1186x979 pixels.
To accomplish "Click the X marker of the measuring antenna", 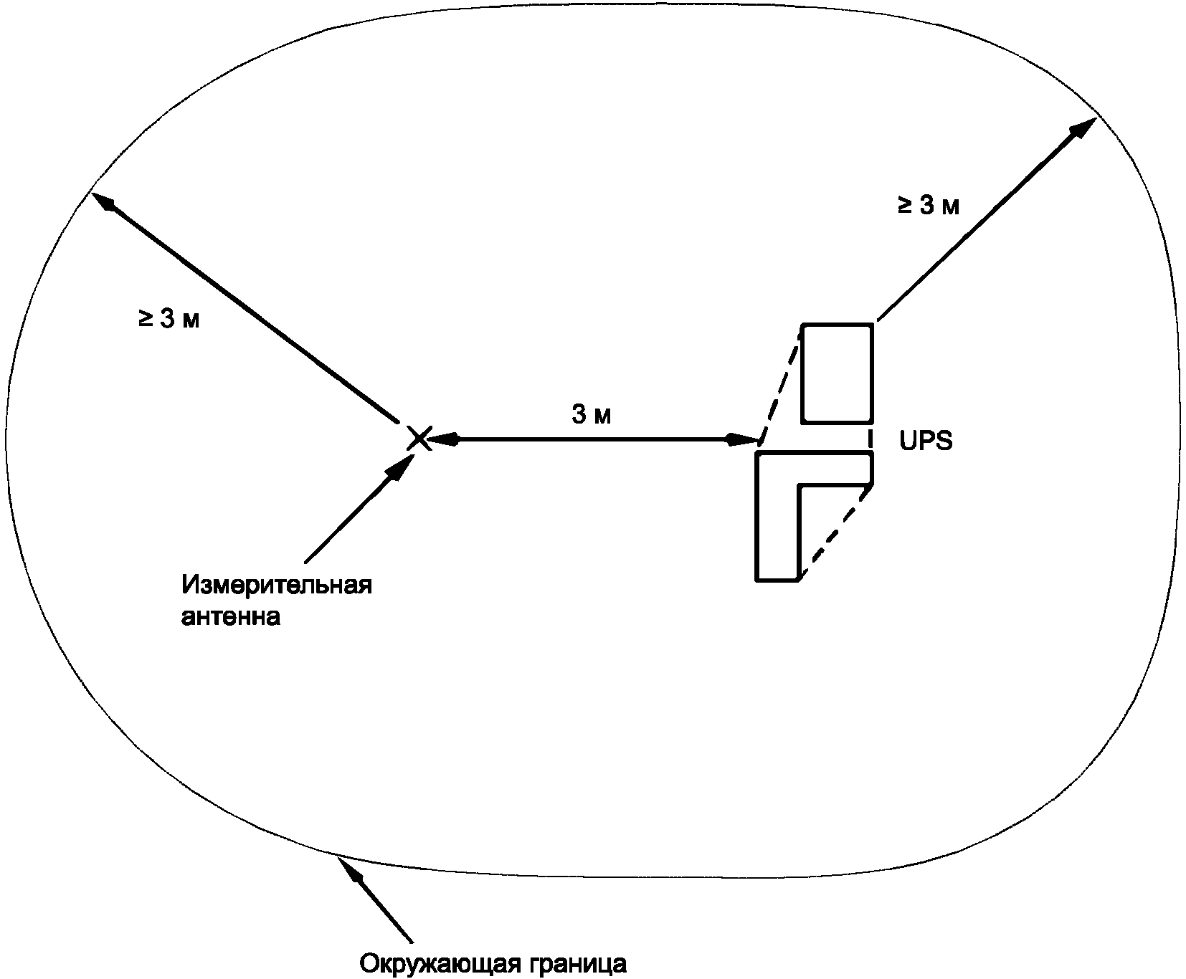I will pyautogui.click(x=419, y=438).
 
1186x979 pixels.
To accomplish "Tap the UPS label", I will pyautogui.click(x=926, y=441).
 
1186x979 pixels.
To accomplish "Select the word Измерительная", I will pyautogui.click(x=277, y=585).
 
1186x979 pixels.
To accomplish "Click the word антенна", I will pyautogui.click(x=230, y=616).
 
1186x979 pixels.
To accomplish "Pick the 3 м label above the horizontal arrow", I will pyautogui.click(x=592, y=414).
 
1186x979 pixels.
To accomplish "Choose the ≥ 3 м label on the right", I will pyautogui.click(x=928, y=206).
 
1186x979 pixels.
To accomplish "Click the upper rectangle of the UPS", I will pyautogui.click(x=838, y=373).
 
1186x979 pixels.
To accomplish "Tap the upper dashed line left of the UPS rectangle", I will pyautogui.click(x=781, y=383).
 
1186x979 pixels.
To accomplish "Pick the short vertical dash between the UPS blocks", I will pyautogui.click(x=871, y=438).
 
